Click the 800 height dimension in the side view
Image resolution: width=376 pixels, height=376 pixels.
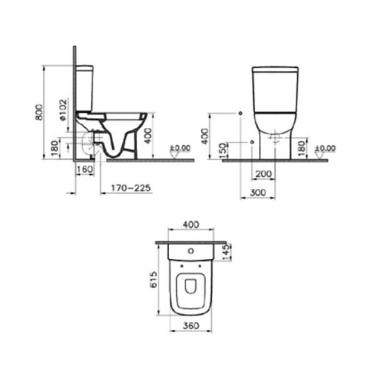(39, 112)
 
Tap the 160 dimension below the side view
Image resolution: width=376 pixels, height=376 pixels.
(84, 169)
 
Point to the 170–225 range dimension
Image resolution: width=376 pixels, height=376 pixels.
(130, 187)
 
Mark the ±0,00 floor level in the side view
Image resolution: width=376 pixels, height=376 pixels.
(180, 149)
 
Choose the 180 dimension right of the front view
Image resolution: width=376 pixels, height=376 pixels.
(301, 149)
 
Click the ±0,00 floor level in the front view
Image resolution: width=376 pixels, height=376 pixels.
(325, 149)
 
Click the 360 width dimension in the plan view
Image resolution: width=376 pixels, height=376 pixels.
(191, 325)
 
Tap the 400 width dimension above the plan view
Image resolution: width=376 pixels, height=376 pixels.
(191, 224)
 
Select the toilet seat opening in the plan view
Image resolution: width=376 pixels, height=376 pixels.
(191, 286)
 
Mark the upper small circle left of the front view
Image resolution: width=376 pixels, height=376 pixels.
(241, 113)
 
